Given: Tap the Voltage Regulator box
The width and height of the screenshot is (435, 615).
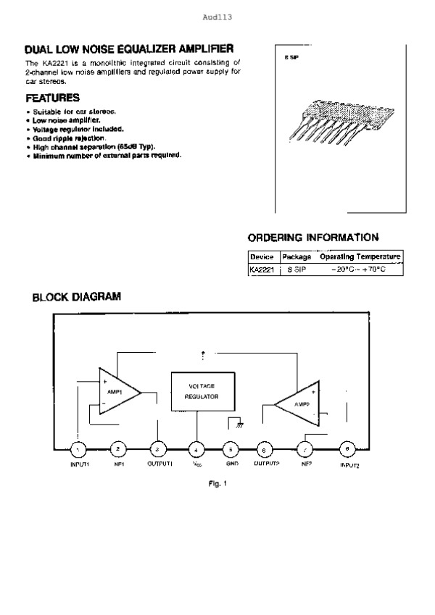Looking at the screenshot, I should click(201, 392).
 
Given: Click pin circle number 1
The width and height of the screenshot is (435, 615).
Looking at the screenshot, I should click(79, 449).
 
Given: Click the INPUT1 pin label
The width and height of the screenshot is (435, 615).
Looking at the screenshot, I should click(79, 464).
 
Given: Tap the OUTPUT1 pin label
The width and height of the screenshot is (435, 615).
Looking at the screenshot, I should click(159, 464).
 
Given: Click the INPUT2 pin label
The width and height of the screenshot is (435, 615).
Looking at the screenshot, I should click(349, 465).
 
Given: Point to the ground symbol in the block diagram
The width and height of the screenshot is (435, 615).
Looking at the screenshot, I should click(233, 424).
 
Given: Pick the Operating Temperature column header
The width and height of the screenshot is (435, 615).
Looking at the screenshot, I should click(360, 257).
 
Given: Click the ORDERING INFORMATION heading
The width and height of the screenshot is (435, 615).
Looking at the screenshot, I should click(312, 237).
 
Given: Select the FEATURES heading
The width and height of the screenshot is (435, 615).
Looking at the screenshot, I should click(52, 97).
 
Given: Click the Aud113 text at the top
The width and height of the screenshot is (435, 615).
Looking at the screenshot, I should click(217, 15).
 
